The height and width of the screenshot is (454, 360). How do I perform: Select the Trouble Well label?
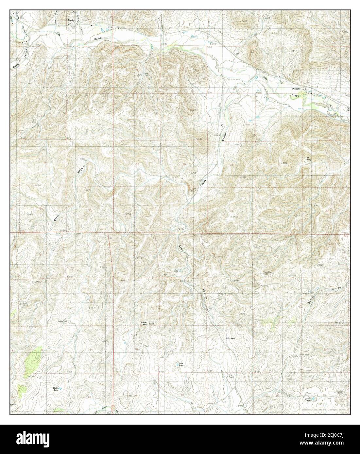tap(144, 323)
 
